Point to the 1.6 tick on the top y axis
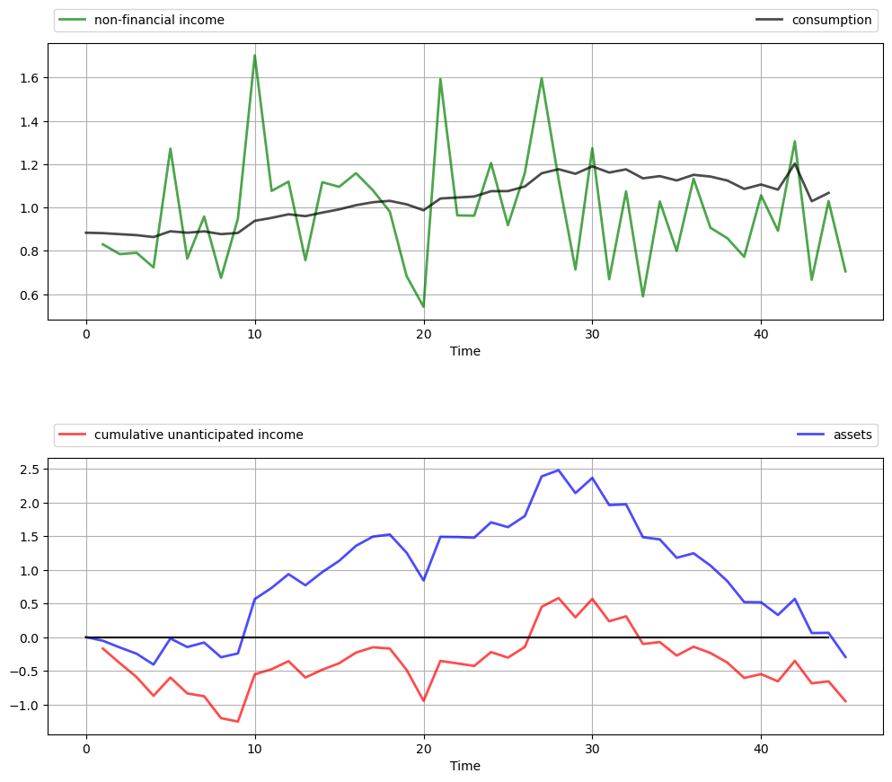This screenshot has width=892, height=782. coord(31,78)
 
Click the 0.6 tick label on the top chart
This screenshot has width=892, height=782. coord(31,294)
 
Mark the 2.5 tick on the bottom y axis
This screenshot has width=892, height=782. coord(31,470)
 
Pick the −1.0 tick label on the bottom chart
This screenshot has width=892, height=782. coord(28,705)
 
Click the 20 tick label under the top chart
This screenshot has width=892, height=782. coord(423,334)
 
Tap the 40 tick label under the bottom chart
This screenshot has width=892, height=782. coord(761,749)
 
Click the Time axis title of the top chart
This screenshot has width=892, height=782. coord(465,351)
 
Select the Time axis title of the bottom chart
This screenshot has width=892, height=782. coord(465,766)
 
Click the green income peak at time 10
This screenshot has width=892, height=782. coord(254,56)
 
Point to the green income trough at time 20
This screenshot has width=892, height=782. coord(423,307)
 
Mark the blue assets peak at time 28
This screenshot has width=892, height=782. coord(558,470)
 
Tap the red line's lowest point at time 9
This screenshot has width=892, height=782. coord(238,721)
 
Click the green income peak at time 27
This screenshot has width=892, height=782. coord(542,78)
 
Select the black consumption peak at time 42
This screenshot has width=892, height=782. coord(795,163)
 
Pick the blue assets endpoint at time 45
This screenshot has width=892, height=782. coord(845,657)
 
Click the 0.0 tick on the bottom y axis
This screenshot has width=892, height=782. coord(31,637)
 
